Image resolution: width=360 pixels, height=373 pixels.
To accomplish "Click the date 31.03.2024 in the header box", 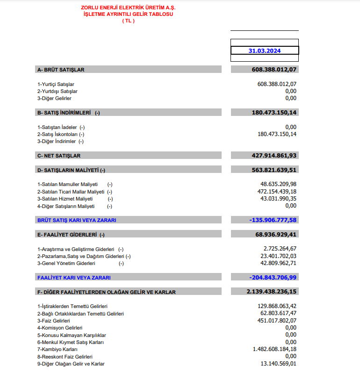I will coord(265,51).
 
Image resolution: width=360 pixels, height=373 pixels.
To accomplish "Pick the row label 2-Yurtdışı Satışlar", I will coord(58,91).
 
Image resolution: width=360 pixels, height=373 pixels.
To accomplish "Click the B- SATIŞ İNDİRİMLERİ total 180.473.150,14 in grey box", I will coord(267,113).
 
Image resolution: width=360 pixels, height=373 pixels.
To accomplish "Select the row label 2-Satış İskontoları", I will coord(58,134).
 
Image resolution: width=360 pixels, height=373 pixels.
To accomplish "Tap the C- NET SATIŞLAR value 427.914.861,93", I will coord(267,156).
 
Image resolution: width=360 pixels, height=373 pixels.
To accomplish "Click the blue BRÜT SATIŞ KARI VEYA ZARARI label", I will coord(77,220).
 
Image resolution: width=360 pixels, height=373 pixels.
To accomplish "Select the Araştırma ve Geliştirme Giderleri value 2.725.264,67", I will coord(280,249).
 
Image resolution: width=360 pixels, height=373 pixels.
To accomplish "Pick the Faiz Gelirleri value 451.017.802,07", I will coord(274,321).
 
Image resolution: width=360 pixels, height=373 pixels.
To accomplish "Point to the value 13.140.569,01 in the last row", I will coord(278,364).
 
